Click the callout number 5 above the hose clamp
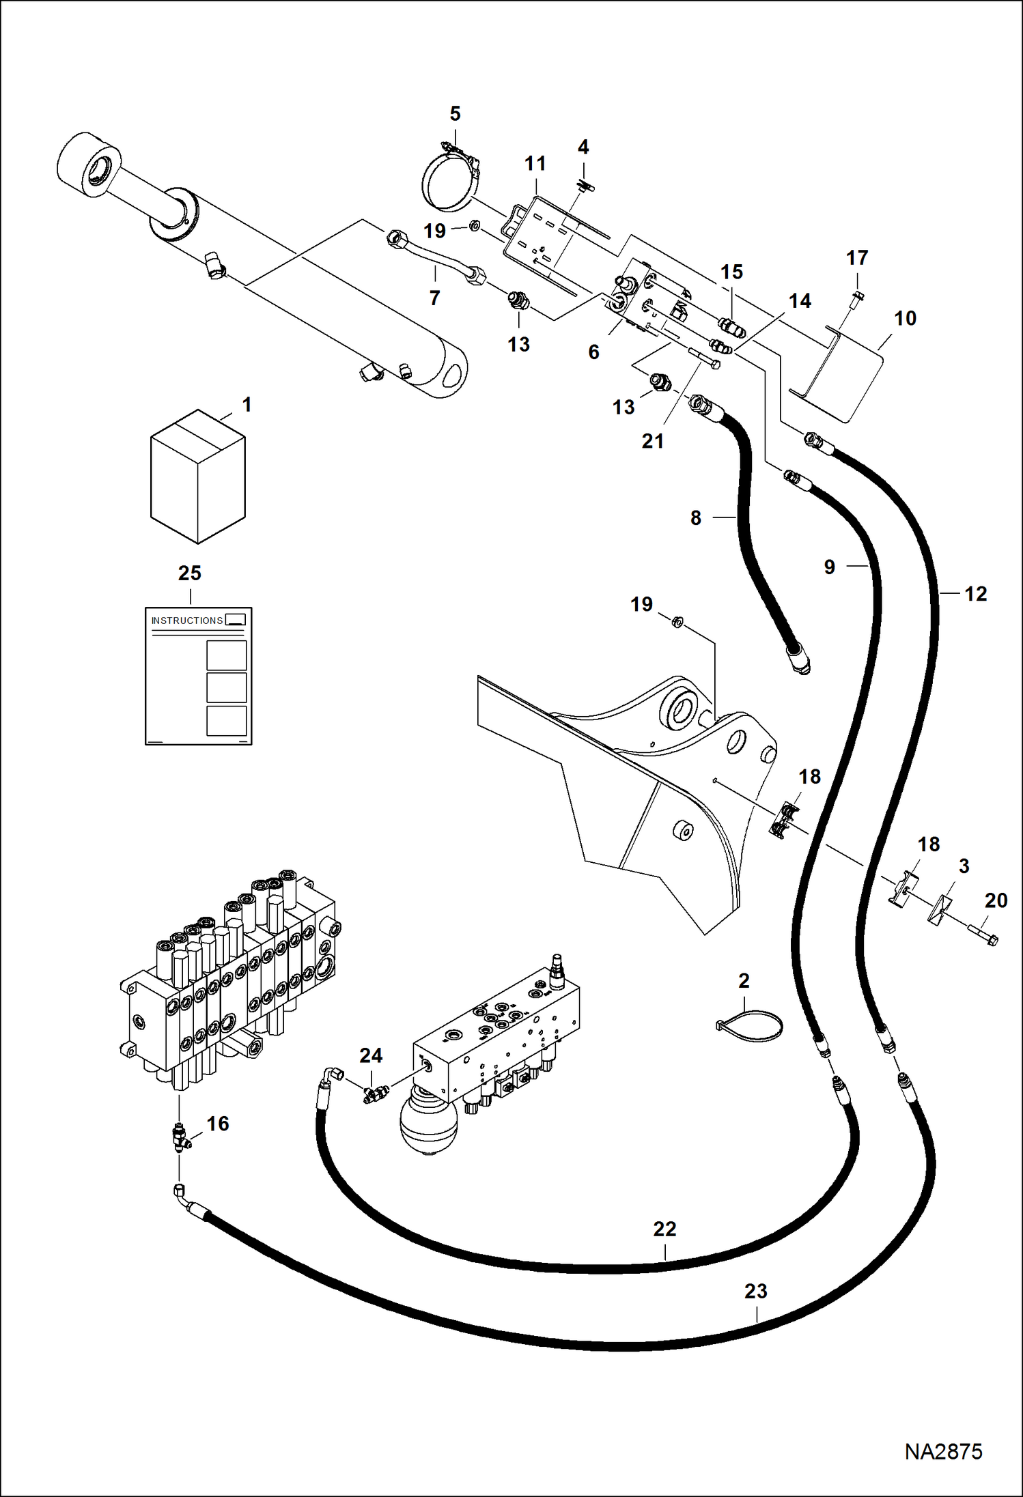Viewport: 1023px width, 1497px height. [x=456, y=114]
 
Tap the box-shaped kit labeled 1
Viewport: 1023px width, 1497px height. [x=197, y=477]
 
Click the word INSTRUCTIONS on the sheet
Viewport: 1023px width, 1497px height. [x=186, y=621]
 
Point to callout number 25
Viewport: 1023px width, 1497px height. [x=190, y=573]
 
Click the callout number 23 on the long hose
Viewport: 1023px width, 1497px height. [x=755, y=1292]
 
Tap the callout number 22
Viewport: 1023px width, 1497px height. [x=664, y=1229]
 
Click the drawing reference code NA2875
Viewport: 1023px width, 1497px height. [x=943, y=1451]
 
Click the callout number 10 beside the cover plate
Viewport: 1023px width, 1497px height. [x=905, y=318]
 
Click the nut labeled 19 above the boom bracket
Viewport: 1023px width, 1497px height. [x=677, y=623]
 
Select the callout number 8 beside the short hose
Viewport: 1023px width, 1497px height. [x=695, y=518]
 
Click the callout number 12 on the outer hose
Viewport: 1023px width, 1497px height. [x=975, y=594]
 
